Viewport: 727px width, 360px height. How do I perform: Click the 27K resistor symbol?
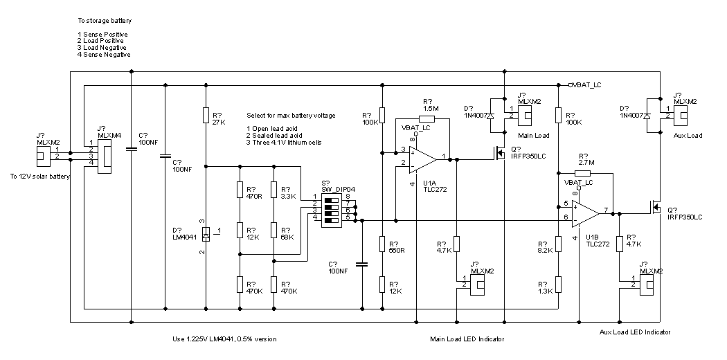click(205, 116)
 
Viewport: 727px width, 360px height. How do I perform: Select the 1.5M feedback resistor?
click(427, 118)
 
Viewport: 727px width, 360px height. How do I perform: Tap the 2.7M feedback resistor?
click(582, 173)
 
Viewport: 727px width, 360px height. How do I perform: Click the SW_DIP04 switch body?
click(334, 208)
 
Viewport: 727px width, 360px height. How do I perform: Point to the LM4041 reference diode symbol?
click(205, 234)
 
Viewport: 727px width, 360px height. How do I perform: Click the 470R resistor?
click(240, 190)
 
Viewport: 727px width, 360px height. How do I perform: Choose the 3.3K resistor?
click(274, 190)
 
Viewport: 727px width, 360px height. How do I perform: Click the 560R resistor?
click(382, 244)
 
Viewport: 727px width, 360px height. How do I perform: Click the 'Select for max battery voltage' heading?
click(291, 115)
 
